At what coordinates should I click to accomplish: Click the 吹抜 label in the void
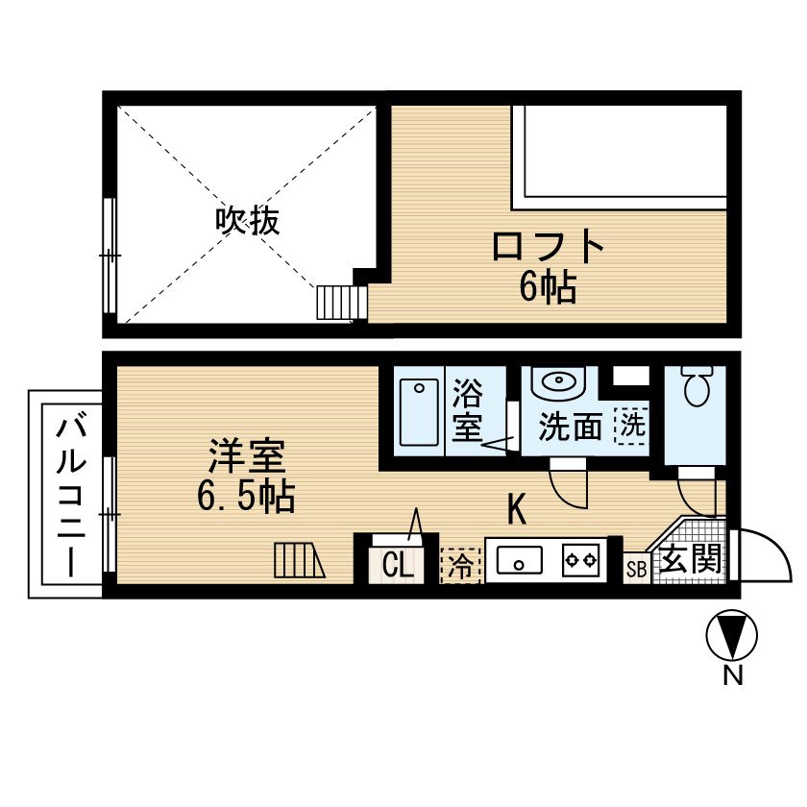point(247,222)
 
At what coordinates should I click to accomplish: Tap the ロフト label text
point(548,248)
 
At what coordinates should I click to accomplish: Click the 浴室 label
point(468,410)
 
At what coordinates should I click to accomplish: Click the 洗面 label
point(570,426)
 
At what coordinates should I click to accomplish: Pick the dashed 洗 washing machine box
point(631,424)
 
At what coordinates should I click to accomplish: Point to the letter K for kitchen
point(517,509)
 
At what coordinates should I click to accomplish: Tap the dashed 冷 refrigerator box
point(460,565)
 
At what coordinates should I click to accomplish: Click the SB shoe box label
point(636,569)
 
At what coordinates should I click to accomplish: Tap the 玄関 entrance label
point(690,560)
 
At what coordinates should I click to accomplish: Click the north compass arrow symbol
point(732,636)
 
